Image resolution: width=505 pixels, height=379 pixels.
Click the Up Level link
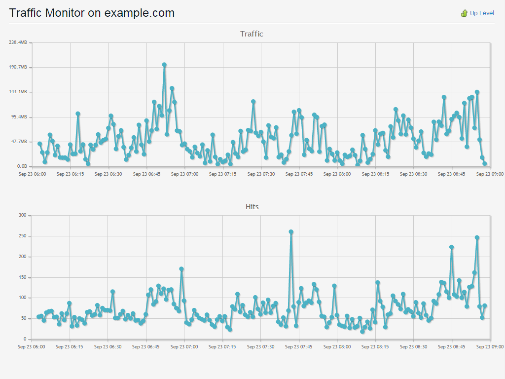[x=482, y=13]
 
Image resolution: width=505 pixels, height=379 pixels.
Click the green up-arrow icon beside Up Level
[x=464, y=13]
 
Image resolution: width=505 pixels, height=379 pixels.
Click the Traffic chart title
[x=252, y=34]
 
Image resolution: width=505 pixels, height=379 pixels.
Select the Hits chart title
[x=252, y=206]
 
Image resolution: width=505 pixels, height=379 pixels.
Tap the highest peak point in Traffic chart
[x=164, y=65]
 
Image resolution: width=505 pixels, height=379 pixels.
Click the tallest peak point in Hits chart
[x=291, y=231]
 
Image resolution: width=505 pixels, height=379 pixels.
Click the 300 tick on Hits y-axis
[x=22, y=215]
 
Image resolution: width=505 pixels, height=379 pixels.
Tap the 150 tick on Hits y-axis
[x=22, y=277]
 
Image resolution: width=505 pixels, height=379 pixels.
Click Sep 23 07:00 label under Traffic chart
[x=184, y=174]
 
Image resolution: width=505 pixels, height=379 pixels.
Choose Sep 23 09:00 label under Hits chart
[x=490, y=346]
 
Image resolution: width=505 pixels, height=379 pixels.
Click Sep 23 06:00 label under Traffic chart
[x=32, y=174]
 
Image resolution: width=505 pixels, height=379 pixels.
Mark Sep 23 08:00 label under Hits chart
[x=337, y=346]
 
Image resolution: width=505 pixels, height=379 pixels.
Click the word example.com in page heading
[x=140, y=13]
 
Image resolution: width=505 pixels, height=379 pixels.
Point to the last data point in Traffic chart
[x=485, y=163]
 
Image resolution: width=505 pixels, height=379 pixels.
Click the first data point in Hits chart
[x=38, y=317]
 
